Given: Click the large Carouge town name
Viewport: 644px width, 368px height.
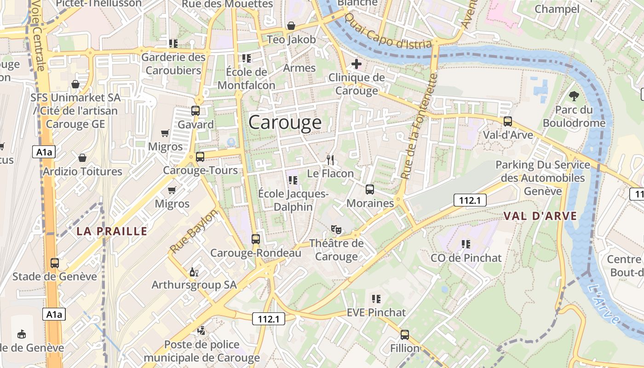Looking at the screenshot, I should [285, 122].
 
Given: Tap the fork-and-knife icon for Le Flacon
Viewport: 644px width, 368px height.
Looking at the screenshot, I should [330, 160].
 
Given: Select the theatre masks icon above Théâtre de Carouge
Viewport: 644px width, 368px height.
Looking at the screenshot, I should [336, 229].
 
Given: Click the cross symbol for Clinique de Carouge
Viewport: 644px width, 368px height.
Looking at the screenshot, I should [356, 64].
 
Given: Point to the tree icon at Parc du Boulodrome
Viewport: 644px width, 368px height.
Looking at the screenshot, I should [574, 96].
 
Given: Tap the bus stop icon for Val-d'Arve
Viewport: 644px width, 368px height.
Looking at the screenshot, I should [508, 121].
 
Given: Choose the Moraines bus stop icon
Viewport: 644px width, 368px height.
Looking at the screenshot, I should [369, 189].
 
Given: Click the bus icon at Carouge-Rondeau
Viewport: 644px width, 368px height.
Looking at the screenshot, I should [256, 239].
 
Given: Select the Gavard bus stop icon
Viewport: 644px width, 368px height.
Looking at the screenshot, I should [195, 111].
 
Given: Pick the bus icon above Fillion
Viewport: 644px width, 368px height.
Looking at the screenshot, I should [405, 334].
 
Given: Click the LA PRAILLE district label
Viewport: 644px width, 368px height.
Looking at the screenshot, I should [112, 231].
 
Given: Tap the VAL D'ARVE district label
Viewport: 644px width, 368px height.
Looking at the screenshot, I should [540, 216].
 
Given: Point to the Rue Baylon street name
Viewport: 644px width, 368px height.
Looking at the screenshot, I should [193, 232].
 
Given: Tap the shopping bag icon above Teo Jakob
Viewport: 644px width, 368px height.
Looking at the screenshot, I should [291, 26].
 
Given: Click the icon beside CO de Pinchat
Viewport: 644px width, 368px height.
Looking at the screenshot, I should [466, 244].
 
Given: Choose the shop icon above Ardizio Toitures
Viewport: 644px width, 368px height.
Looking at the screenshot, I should [82, 158].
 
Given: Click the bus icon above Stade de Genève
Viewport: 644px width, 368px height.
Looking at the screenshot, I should [55, 263].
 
